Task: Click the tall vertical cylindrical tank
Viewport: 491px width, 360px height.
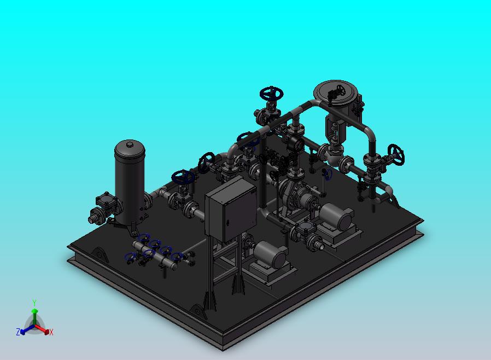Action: [130, 182]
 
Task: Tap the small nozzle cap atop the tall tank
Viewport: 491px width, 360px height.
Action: [130, 144]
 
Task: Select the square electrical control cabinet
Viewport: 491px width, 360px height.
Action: [231, 209]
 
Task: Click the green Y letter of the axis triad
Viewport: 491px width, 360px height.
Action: [34, 303]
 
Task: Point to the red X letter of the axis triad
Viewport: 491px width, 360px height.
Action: [51, 333]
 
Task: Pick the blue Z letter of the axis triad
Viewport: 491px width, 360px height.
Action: [18, 332]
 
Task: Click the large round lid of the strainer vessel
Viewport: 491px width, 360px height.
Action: [335, 91]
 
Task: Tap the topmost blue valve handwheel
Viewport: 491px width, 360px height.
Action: [272, 94]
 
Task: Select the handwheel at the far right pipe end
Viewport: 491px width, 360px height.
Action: [396, 154]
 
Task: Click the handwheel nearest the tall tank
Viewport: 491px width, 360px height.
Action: [183, 177]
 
